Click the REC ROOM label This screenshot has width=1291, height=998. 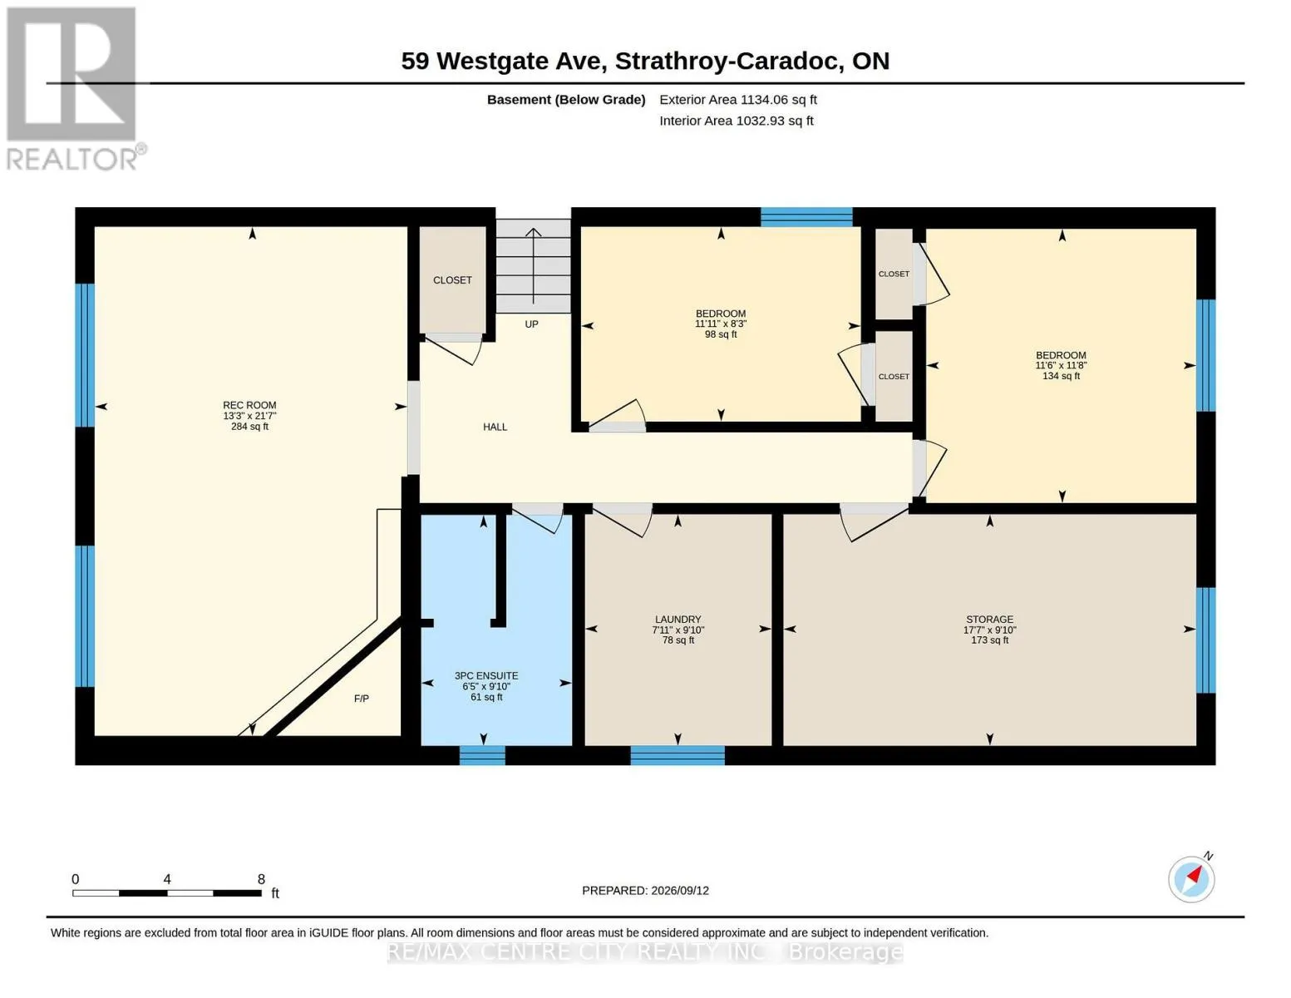pos(249,405)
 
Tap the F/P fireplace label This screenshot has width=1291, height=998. pos(362,699)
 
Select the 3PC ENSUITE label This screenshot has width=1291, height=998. pos(486,676)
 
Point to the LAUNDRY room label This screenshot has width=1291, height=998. pos(678,620)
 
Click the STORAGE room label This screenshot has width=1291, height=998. pos(989,620)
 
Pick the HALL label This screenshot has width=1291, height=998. pos(495,427)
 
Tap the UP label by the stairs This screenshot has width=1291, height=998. pos(531,324)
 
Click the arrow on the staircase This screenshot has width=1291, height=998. pos(534,266)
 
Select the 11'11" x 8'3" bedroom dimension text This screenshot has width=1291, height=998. pos(721,324)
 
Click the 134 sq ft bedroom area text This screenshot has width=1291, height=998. pos(1061,376)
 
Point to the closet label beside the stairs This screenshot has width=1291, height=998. pos(452,280)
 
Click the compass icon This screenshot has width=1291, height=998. pos(1191,878)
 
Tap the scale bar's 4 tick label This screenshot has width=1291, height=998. pos(167,878)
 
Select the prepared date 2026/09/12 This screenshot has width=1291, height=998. pos(680,891)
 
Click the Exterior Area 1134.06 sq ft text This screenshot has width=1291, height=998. pos(738,100)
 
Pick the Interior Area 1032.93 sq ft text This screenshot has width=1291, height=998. pos(736,121)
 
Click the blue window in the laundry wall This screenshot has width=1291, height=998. pos(678,755)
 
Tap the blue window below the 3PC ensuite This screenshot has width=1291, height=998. pos(482,755)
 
